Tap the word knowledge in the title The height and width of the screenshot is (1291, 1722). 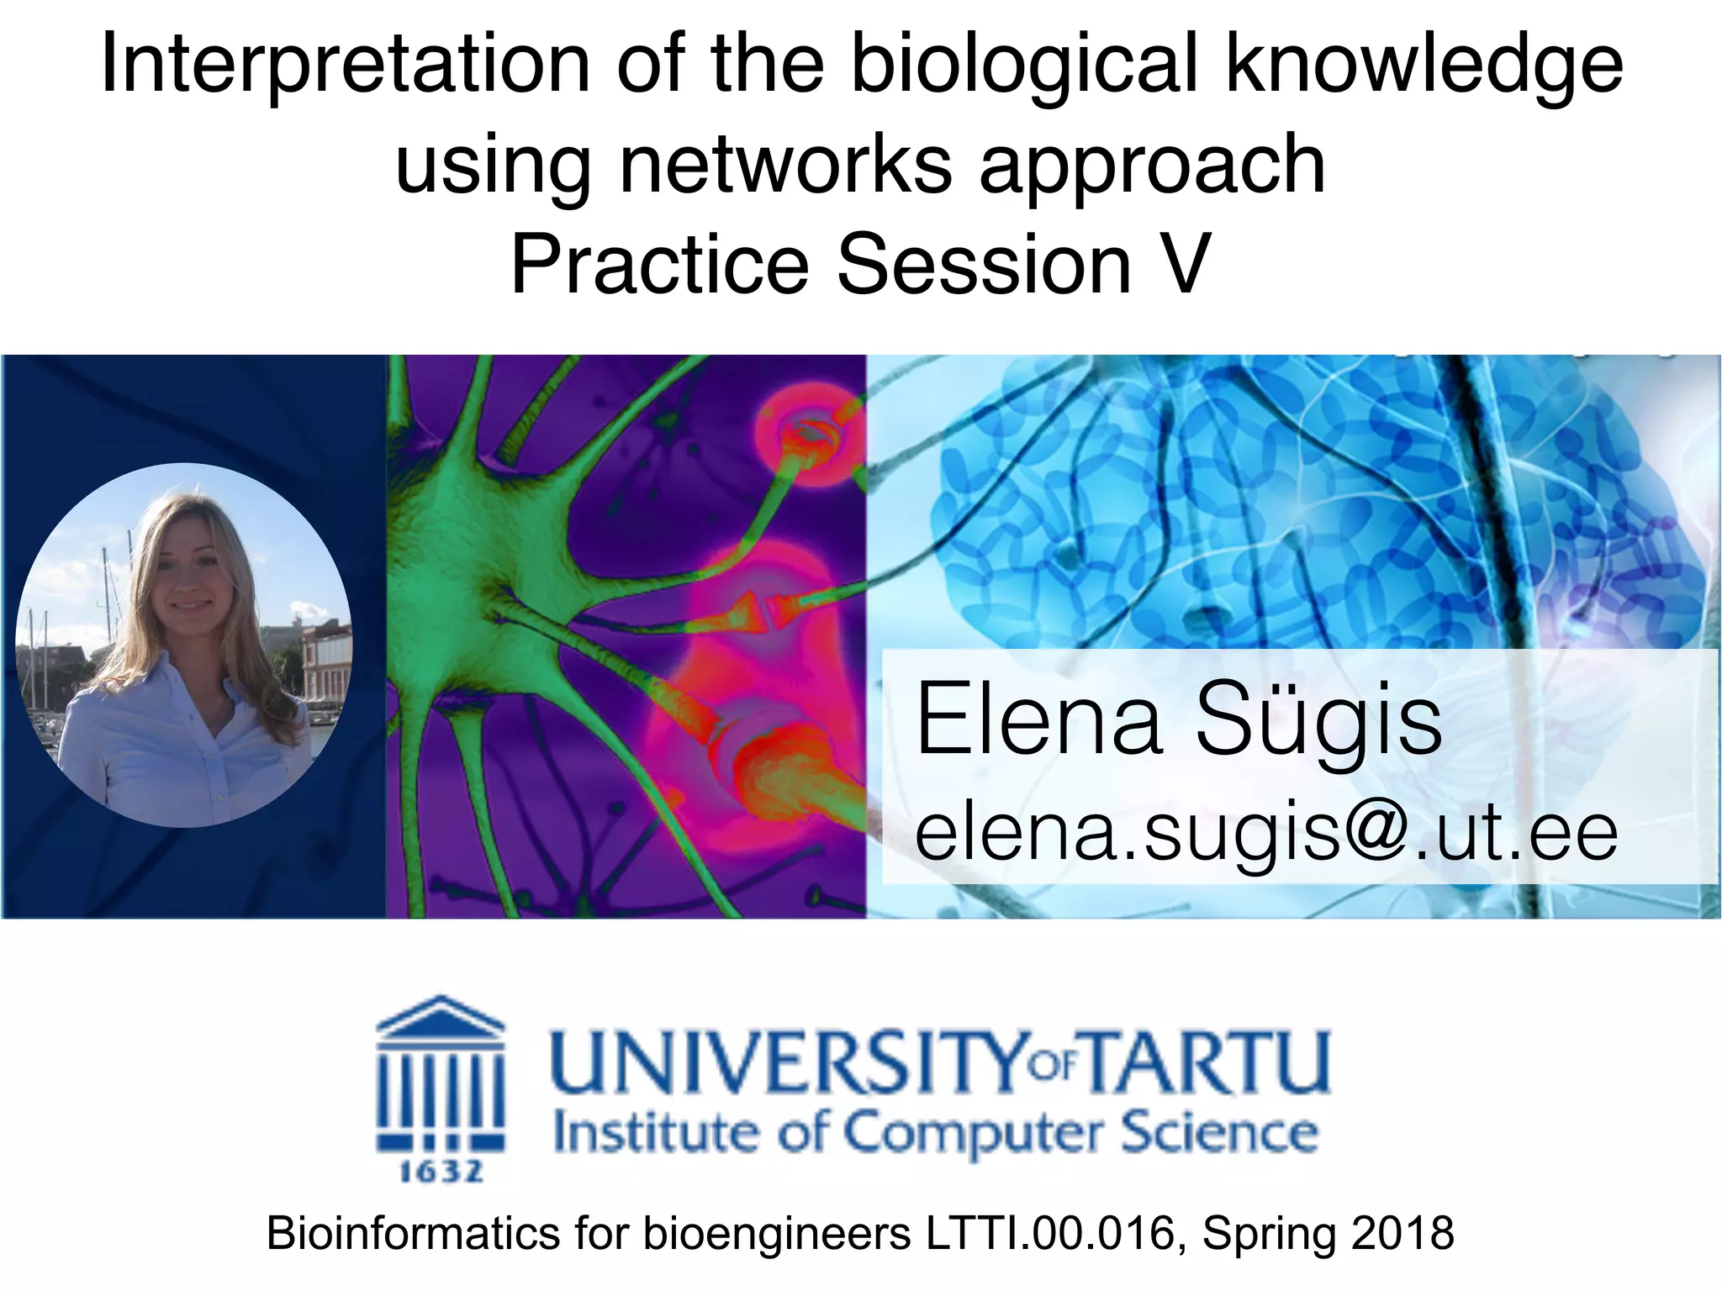1424,67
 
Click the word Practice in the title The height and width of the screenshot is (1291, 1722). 659,264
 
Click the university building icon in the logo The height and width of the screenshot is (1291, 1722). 441,1076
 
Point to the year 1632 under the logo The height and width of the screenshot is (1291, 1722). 441,1171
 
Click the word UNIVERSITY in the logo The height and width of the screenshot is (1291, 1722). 786,1062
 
